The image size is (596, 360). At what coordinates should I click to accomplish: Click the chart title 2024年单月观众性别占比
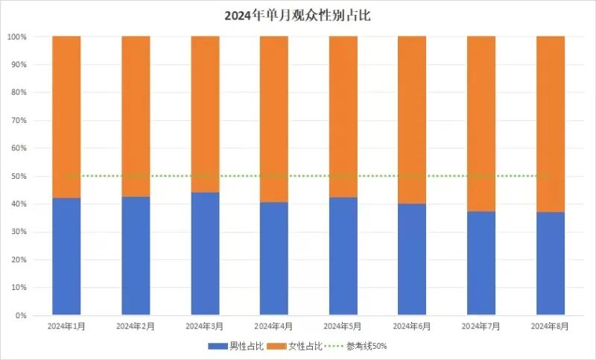[x=297, y=15]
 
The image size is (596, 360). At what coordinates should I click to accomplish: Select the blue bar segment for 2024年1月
[x=66, y=256]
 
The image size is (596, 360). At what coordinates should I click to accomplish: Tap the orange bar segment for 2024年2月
[x=136, y=116]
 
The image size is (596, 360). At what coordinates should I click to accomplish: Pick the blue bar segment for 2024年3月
[x=205, y=253]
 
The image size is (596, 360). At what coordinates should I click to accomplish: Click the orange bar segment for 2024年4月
[x=274, y=119]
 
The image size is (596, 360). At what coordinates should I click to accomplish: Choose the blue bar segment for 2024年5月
[x=343, y=256]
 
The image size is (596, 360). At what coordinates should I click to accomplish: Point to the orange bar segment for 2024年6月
[x=412, y=119]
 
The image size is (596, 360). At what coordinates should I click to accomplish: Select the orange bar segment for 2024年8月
[x=551, y=124]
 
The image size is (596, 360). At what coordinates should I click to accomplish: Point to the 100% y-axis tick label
[x=17, y=37]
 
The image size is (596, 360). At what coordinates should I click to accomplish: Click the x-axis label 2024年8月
[x=551, y=326]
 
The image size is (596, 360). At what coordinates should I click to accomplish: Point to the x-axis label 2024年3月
[x=205, y=326]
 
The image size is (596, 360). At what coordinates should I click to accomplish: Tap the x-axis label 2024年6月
[x=412, y=326]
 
